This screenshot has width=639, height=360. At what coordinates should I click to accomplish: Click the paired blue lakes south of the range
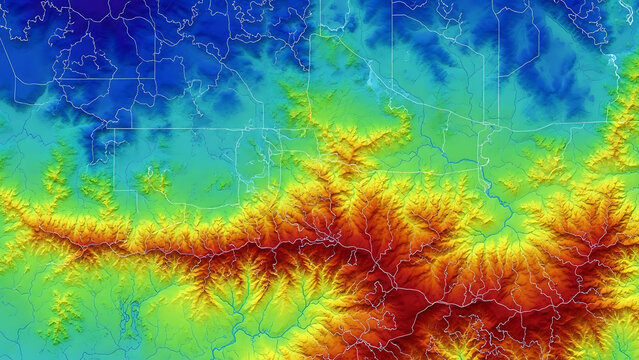131,318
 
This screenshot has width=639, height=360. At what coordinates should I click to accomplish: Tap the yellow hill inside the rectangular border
153,181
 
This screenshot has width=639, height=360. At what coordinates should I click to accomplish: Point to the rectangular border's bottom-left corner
114,190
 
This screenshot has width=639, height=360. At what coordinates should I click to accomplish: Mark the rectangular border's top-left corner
114,129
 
